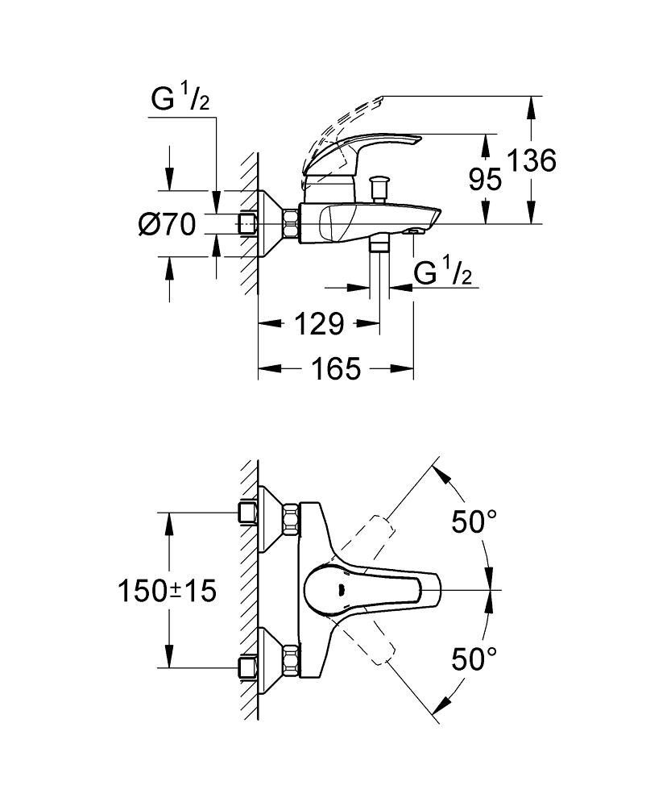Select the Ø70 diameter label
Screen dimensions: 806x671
pos(168,225)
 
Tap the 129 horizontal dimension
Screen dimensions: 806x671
pos(318,324)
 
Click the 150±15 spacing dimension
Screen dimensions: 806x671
pos(168,592)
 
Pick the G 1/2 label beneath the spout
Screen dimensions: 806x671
pos(442,274)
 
